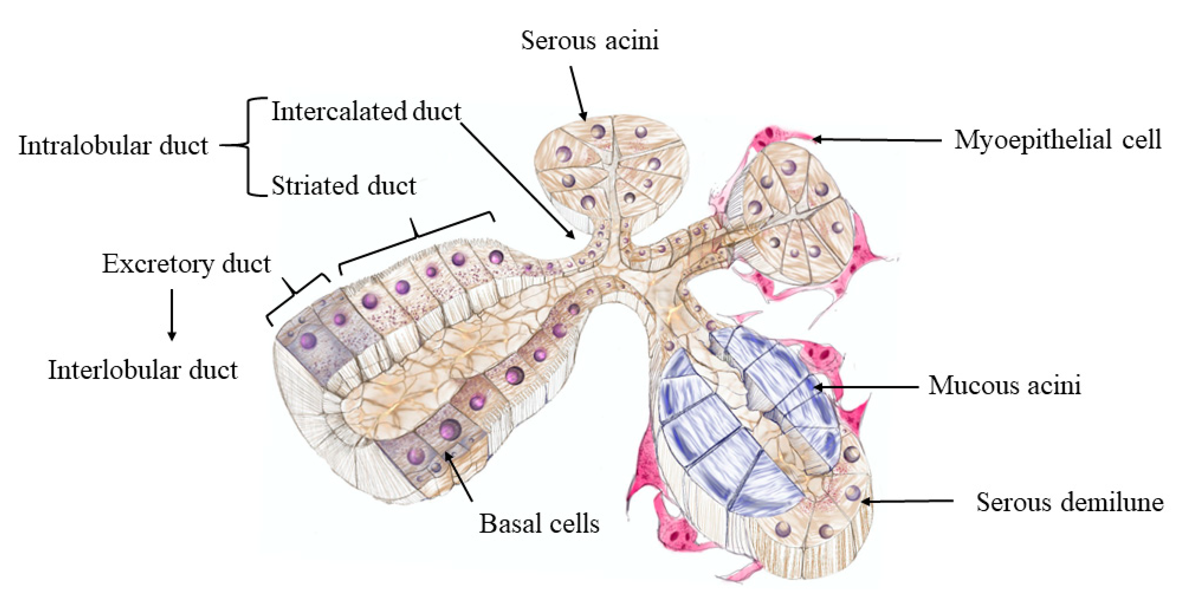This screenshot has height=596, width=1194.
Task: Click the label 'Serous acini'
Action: click(589, 41)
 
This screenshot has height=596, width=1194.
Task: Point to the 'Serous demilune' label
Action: click(1070, 502)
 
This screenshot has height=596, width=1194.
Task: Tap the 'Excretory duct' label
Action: click(186, 264)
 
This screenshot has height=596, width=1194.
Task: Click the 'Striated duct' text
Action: click(343, 186)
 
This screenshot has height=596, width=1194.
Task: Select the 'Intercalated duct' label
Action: click(366, 112)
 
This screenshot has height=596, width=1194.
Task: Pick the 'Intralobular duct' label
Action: click(114, 146)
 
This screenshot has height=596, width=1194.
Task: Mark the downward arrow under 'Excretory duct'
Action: click(172, 315)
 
